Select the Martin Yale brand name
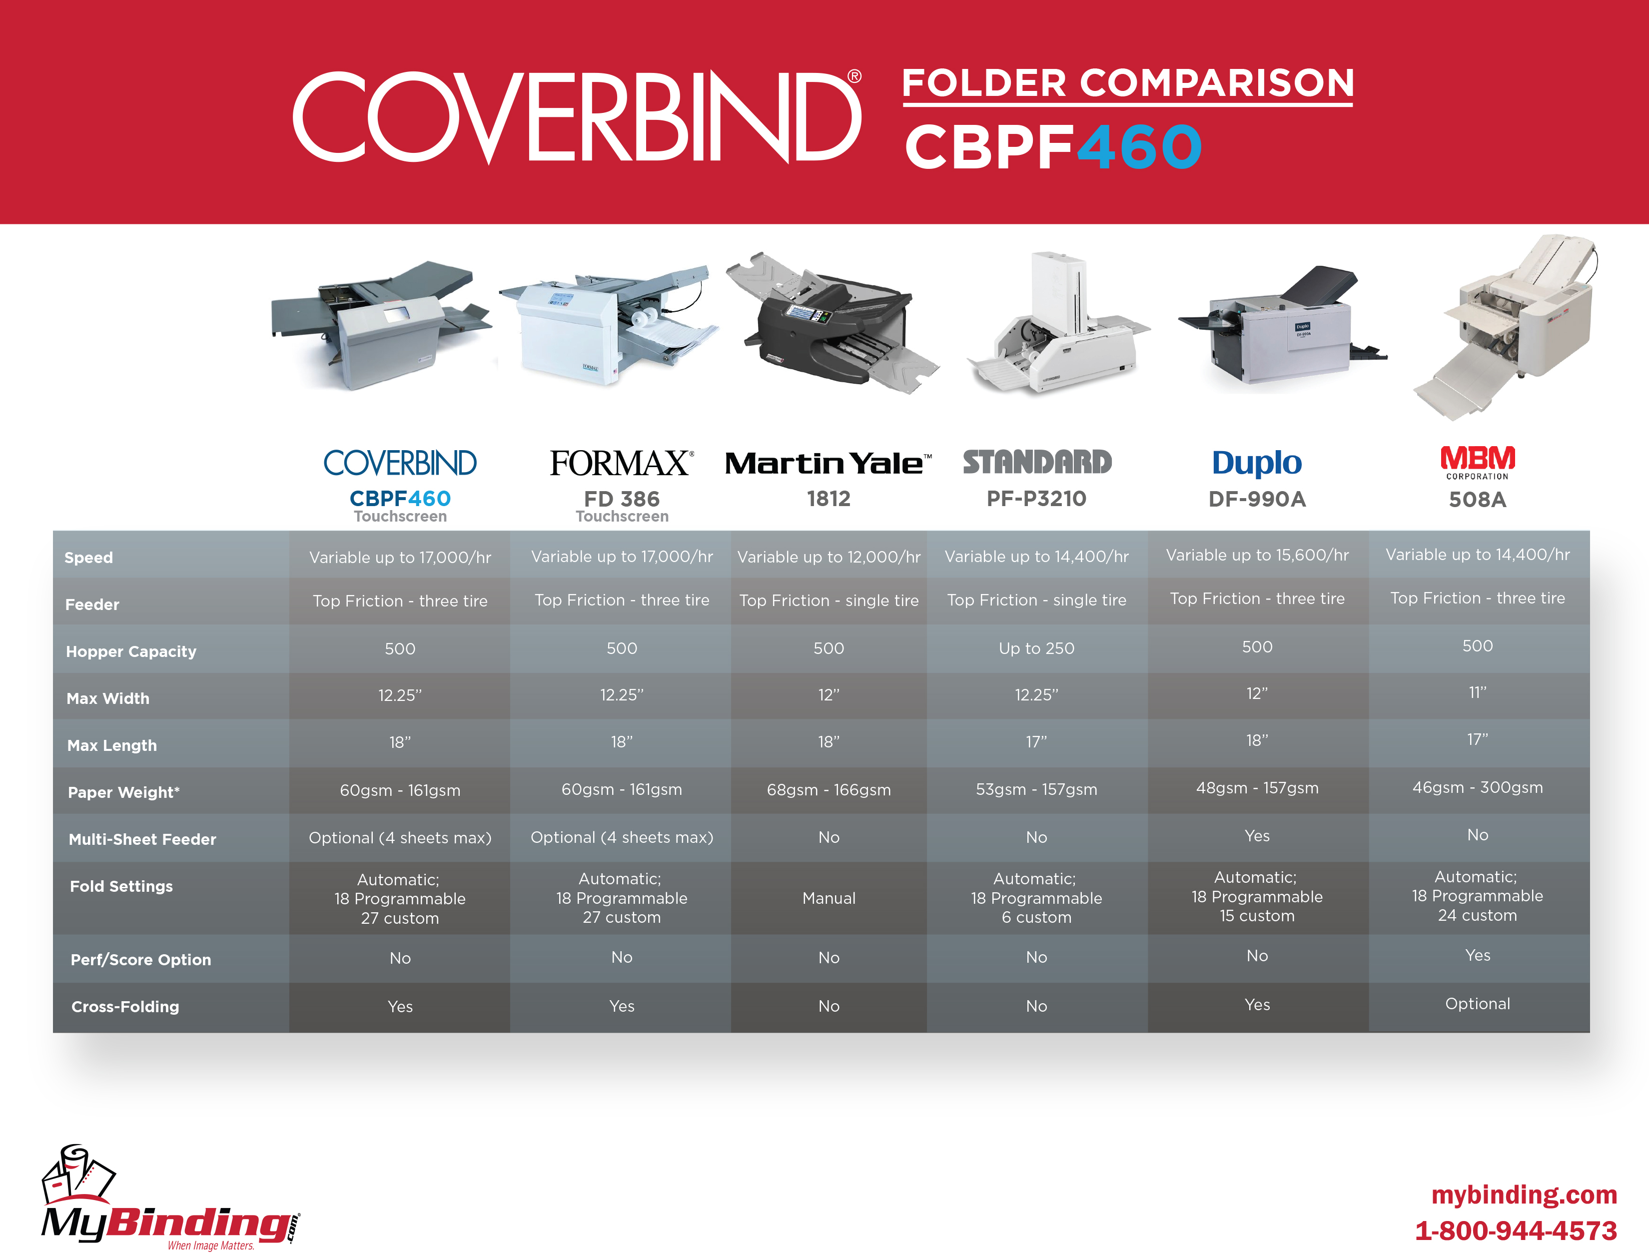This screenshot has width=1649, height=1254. point(828,464)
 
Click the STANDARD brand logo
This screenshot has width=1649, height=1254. point(1037,462)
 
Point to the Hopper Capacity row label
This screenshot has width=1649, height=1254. point(131,651)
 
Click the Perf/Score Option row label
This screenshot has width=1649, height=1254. point(141,959)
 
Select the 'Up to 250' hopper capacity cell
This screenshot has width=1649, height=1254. point(1036,648)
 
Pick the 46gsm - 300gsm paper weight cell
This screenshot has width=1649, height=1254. point(1477,787)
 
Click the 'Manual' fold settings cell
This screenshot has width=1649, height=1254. point(828,898)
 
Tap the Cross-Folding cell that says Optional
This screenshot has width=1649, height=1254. point(1477,1004)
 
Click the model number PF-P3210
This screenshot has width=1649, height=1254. point(1036,499)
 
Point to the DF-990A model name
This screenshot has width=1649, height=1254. point(1257,500)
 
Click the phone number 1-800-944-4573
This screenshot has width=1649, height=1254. point(1516,1230)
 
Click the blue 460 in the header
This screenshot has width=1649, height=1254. point(1139,147)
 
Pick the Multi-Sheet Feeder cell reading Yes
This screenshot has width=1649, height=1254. point(1257,836)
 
